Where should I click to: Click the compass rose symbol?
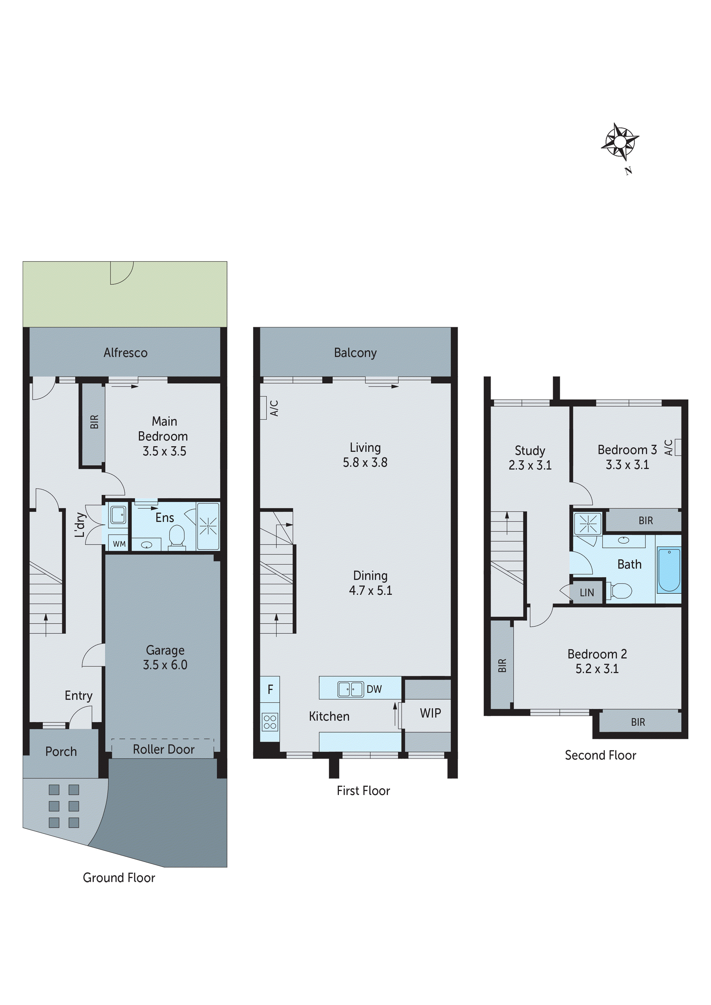(620, 142)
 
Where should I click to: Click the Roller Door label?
(163, 749)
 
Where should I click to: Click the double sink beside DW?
(350, 689)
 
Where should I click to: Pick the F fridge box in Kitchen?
(270, 689)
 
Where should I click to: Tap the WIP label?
(430, 713)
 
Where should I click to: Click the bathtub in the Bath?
(669, 570)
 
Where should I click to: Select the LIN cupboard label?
(587, 593)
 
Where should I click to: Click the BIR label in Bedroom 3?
(645, 521)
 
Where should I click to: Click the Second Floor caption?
(600, 755)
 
